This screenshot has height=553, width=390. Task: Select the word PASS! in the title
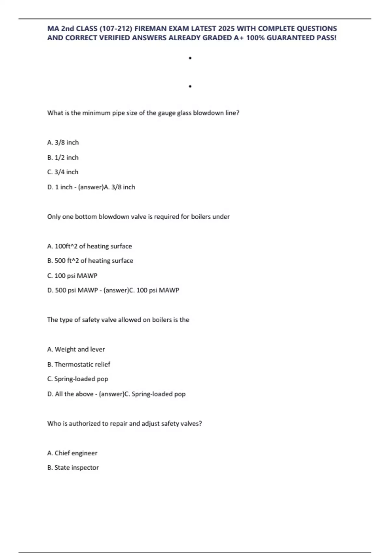[x=326, y=38]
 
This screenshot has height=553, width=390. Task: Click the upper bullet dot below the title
[x=190, y=58]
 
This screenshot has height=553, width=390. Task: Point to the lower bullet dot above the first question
[x=190, y=87]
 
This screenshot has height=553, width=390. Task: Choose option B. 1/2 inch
[x=63, y=157]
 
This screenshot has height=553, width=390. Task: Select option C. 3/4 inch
[x=63, y=172]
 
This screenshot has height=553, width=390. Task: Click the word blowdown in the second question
[x=114, y=217]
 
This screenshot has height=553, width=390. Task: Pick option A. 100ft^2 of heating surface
[x=90, y=246]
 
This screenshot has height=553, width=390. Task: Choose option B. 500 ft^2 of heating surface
[x=90, y=261]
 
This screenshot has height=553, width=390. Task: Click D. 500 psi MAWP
[x=72, y=290]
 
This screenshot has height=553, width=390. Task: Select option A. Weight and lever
[x=76, y=349]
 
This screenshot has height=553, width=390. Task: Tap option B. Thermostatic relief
[x=79, y=364]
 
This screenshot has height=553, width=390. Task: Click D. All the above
[x=70, y=394]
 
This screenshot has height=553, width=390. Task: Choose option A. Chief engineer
[x=72, y=453]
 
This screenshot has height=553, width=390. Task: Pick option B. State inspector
[x=73, y=468]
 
